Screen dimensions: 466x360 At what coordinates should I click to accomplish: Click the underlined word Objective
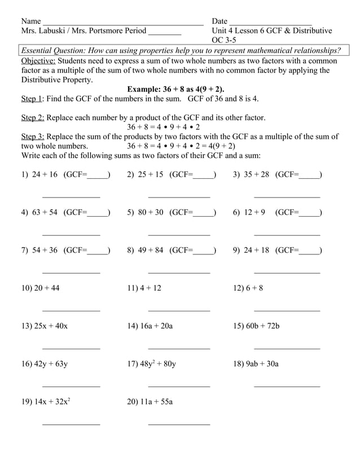point(38,61)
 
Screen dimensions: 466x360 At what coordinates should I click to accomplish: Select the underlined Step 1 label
point(32,99)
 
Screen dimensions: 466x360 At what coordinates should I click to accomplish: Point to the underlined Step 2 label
point(33,118)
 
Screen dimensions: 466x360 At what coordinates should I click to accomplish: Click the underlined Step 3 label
point(33,137)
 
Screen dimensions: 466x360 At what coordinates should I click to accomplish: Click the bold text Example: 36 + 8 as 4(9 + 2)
point(175,89)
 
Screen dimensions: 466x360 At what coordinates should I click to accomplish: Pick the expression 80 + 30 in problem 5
point(151,213)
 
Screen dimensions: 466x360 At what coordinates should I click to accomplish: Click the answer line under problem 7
point(71,273)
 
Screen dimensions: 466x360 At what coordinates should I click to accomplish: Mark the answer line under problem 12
point(287,311)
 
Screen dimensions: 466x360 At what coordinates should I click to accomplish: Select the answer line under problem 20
point(179,424)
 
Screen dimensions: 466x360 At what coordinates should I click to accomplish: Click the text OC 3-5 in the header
point(224,40)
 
